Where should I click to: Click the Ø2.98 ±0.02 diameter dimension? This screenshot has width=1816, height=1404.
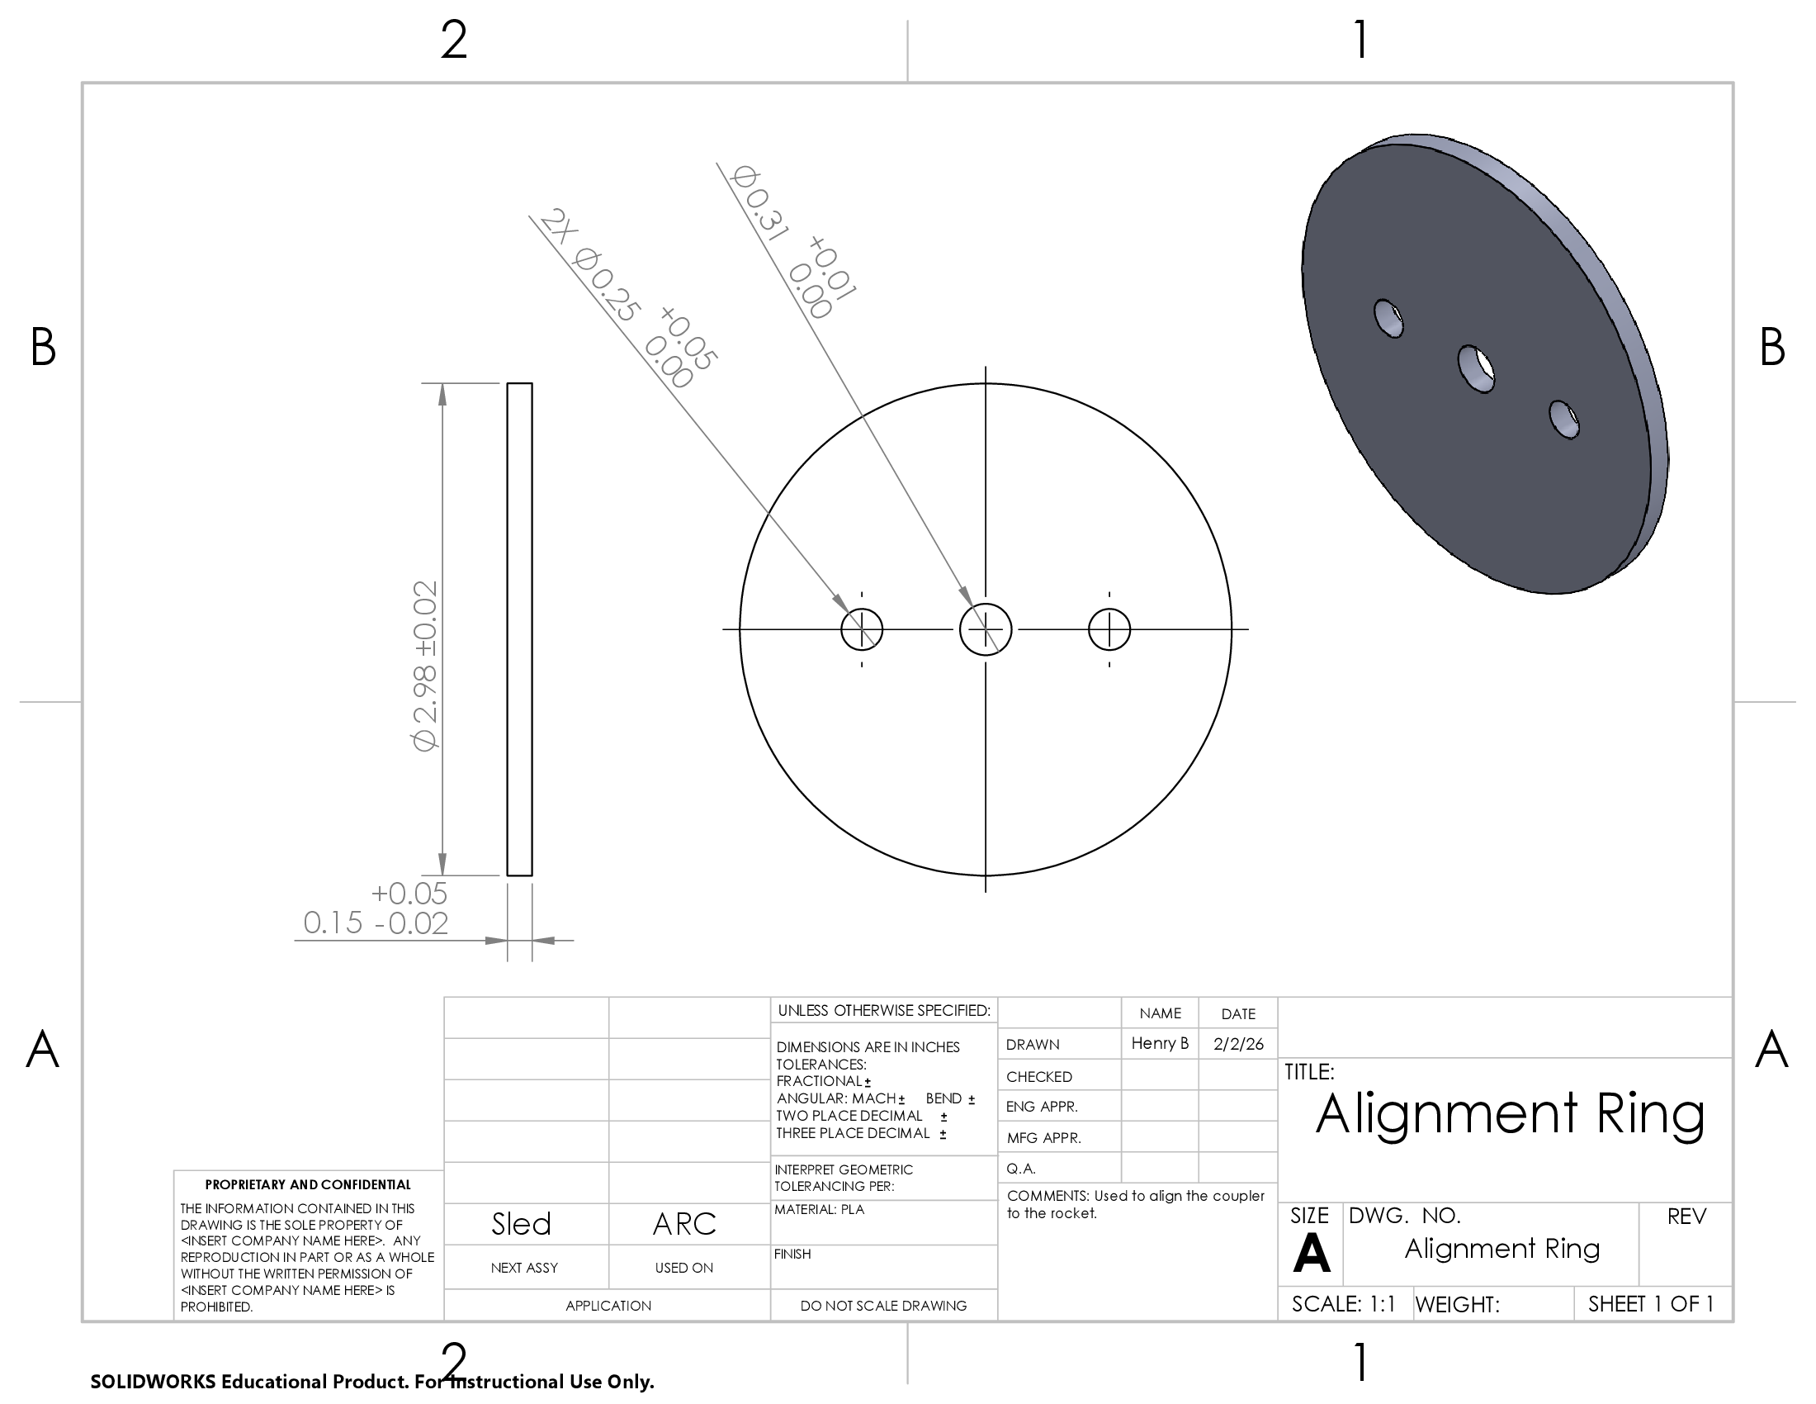(425, 666)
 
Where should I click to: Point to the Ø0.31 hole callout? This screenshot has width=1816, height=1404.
(792, 241)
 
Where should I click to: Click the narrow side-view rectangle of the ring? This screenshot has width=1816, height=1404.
(520, 628)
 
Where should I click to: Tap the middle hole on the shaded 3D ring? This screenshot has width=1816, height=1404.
(1477, 368)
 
